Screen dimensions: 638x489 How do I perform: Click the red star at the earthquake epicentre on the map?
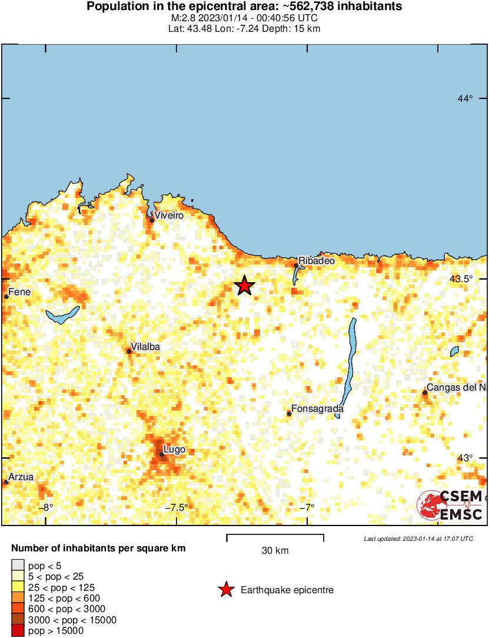(x=244, y=286)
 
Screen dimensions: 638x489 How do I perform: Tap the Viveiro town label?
(x=169, y=216)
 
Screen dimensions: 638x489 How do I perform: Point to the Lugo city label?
(x=175, y=449)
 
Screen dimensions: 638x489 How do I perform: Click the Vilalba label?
(x=145, y=347)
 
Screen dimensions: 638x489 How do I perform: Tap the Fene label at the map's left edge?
(x=19, y=292)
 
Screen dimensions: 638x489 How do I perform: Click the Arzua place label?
(x=21, y=477)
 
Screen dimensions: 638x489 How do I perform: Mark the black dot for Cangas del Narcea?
(x=424, y=392)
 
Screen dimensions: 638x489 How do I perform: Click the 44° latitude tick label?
(x=465, y=98)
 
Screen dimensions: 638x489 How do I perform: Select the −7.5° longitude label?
(x=176, y=508)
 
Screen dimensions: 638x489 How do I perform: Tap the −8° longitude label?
(x=46, y=508)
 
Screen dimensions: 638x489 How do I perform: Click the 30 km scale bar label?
(x=275, y=551)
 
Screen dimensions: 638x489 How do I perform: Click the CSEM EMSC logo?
(x=450, y=505)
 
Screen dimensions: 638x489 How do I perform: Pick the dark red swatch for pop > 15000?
(x=18, y=631)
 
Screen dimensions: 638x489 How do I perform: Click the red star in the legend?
(x=225, y=590)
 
